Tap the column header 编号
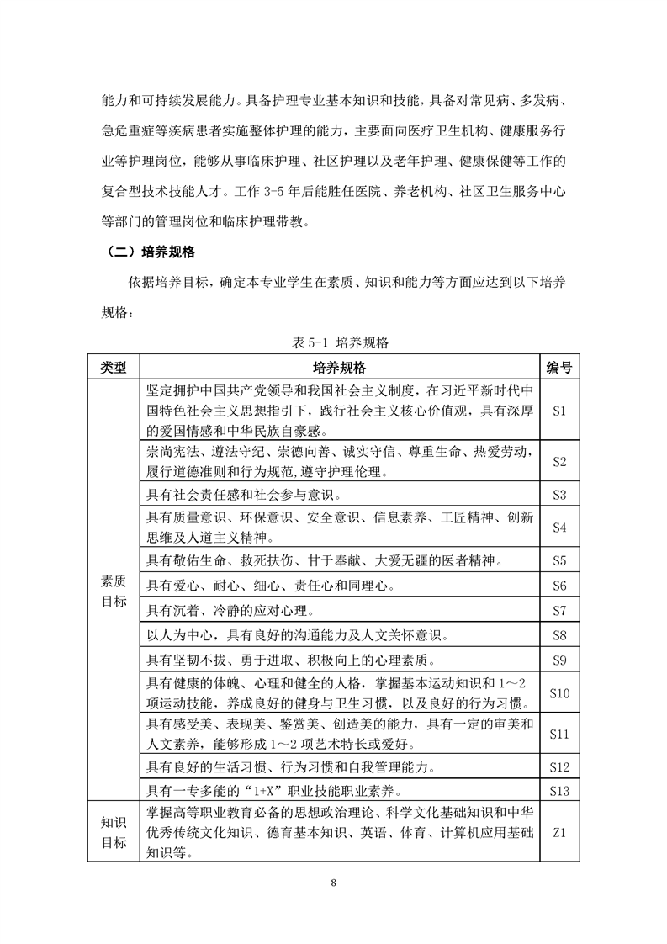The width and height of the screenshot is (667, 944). click(x=560, y=368)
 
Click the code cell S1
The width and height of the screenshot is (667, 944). click(x=560, y=411)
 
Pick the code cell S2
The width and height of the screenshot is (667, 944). click(x=560, y=462)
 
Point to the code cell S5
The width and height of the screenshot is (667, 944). click(x=560, y=560)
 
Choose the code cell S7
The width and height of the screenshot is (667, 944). click(x=560, y=609)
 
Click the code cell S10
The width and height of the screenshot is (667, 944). click(x=560, y=693)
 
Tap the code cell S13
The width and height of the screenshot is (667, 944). click(x=560, y=790)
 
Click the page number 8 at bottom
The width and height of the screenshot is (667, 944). click(x=334, y=883)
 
